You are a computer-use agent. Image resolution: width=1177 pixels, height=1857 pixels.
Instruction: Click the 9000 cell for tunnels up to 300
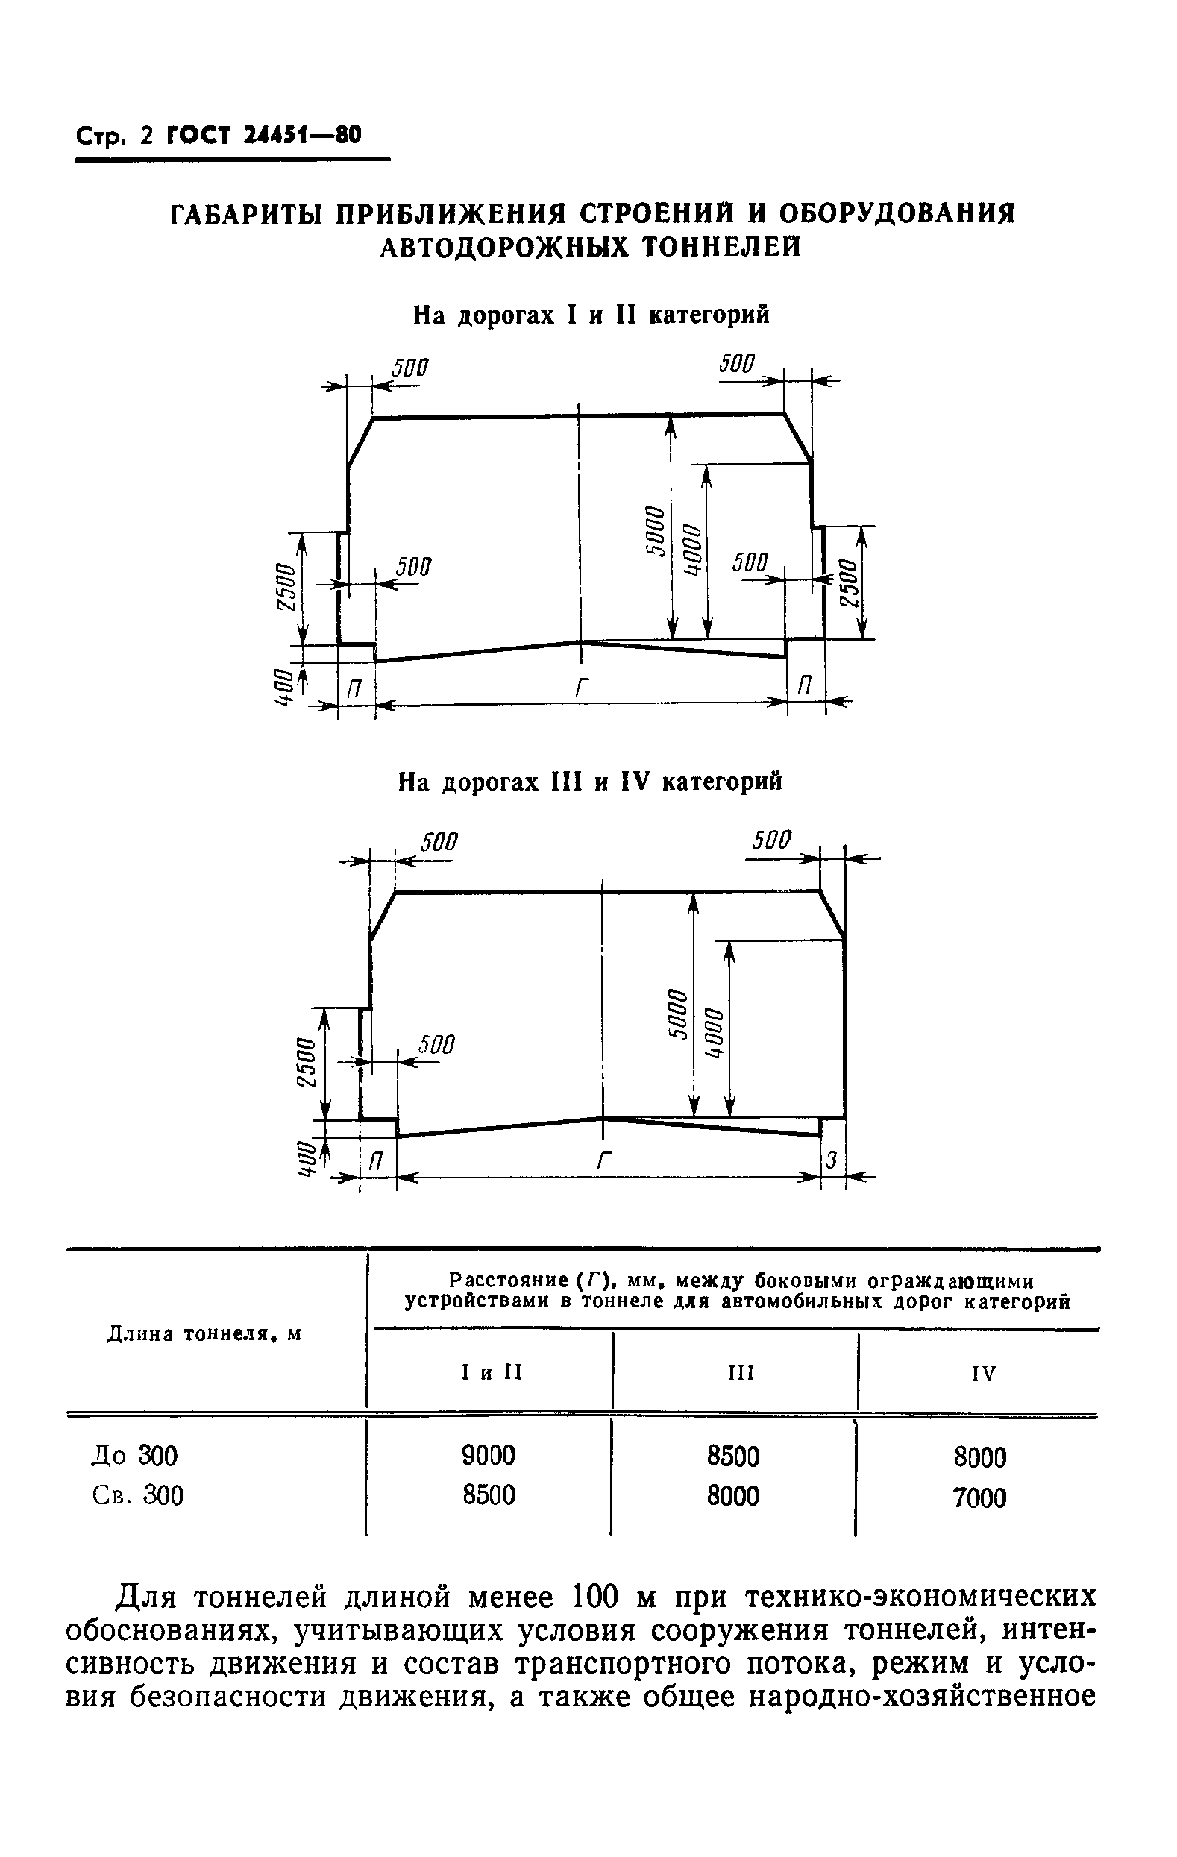[489, 1455]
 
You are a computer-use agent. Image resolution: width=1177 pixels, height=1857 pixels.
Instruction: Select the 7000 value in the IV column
[979, 1498]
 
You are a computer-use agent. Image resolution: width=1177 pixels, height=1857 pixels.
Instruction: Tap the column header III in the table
[741, 1373]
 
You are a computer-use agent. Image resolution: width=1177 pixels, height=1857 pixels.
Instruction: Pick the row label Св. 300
[138, 1495]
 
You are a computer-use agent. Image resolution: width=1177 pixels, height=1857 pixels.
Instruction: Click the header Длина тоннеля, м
[203, 1333]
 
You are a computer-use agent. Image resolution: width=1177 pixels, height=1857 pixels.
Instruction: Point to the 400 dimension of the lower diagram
[307, 1159]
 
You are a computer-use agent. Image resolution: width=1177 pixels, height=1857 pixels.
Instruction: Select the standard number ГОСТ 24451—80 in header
[263, 136]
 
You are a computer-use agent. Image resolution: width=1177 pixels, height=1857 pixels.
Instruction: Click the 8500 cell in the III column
[732, 1456]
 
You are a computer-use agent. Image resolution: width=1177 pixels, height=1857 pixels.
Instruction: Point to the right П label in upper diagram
[805, 685]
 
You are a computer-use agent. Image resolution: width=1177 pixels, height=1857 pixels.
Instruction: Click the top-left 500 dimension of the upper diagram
[409, 368]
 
